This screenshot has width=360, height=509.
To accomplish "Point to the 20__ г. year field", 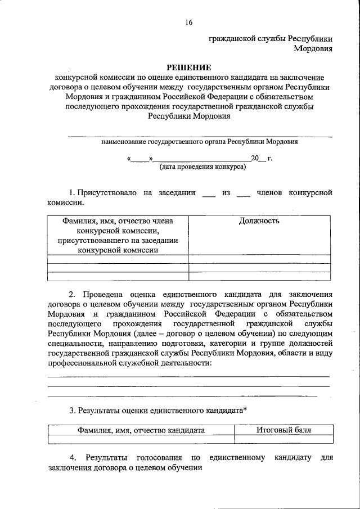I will pos(261,159).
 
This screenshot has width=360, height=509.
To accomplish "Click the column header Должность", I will pos(259,221).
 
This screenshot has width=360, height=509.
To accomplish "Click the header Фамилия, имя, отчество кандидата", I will pos(141,430).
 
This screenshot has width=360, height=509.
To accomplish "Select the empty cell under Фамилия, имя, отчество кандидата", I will pos(141,440).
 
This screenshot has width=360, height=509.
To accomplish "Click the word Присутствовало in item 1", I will pos(107,193).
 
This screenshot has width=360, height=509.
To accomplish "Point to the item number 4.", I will pos(72,458).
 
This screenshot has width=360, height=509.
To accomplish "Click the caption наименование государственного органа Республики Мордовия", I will pos(200,142).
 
